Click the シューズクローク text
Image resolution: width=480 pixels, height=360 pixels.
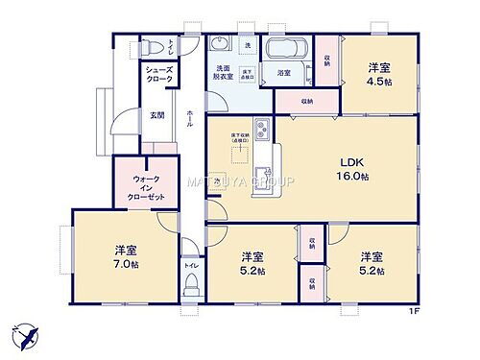(x=159, y=75)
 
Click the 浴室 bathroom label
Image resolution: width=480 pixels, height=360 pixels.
(x=285, y=72)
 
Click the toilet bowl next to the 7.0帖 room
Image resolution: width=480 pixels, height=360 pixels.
(x=192, y=281)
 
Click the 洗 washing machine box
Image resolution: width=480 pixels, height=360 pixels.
(x=247, y=45)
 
